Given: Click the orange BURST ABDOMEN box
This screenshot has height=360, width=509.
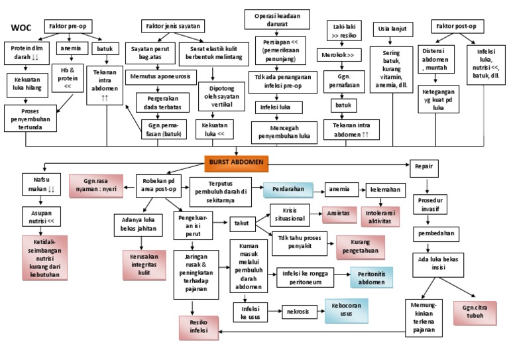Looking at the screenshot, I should [x=236, y=161].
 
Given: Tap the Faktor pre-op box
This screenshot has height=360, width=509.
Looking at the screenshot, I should [x=69, y=27].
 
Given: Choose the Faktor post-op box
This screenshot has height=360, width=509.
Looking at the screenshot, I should [x=457, y=27].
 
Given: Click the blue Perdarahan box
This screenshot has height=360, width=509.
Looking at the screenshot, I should [x=288, y=190].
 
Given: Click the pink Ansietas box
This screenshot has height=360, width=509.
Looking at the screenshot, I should [x=339, y=215].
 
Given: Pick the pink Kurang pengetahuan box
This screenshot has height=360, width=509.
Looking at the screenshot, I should [x=361, y=247].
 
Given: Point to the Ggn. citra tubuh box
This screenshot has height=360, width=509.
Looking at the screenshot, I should [x=475, y=312].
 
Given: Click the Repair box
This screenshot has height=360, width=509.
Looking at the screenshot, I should [x=424, y=166].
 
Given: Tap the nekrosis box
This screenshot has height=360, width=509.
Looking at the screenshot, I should [x=298, y=310].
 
